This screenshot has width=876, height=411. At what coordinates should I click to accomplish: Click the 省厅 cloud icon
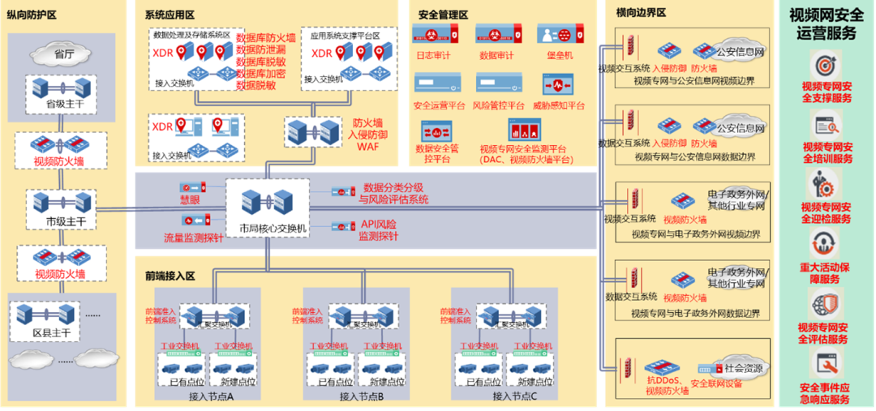click(58, 54)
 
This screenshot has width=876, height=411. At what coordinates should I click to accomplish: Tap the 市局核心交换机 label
click(267, 229)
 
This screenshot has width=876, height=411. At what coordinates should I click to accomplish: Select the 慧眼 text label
click(190, 199)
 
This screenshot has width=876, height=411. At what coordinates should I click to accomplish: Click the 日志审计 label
click(432, 56)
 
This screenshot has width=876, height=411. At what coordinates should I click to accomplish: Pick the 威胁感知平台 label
click(559, 105)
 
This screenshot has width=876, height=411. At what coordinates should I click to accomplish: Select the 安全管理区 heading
click(444, 15)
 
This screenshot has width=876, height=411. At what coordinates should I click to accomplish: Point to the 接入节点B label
click(361, 396)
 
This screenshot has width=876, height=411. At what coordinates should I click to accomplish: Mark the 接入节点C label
click(514, 396)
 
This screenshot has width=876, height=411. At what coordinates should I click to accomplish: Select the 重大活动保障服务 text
click(827, 273)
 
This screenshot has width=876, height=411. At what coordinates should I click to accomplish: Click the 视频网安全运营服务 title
click(827, 24)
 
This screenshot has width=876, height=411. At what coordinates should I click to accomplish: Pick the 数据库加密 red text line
click(260, 73)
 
